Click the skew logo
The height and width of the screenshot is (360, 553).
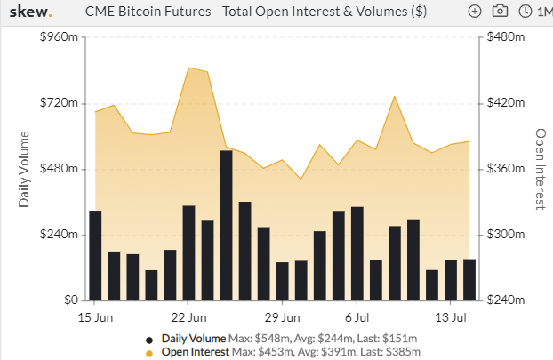coord(31,12)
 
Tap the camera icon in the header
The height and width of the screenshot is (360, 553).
coord(500,12)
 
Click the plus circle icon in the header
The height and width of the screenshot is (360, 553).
coord(475,12)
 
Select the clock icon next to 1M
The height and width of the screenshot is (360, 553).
coord(525,12)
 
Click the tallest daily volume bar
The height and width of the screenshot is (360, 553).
coord(226,226)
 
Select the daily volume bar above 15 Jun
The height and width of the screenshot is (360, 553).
coord(95,256)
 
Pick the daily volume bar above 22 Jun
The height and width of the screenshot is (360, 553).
coord(188,253)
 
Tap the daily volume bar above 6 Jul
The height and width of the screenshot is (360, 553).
coord(357,254)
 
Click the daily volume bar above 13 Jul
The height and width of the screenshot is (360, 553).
coord(451,280)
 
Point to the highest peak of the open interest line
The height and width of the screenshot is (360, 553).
coord(189,68)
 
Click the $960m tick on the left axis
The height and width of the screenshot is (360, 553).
coord(59,36)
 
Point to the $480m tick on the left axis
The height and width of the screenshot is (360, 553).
coord(59,168)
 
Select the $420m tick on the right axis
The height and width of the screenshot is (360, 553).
coord(505,102)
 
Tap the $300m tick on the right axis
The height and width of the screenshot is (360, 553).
coord(505,234)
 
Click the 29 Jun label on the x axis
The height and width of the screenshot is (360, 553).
coord(282,317)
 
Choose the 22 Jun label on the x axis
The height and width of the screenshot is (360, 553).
coord(188,317)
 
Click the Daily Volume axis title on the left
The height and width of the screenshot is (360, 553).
coord(24,169)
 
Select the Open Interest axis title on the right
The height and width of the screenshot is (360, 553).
coord(541,169)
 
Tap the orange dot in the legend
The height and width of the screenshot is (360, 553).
coord(149,353)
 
